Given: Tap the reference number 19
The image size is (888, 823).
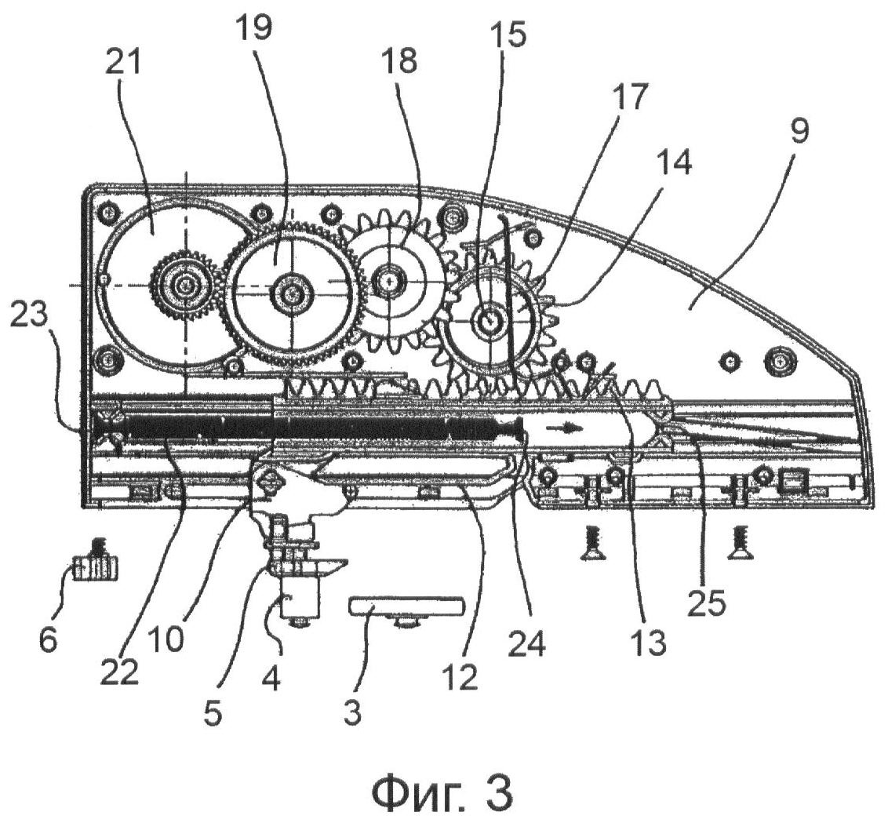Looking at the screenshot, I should tap(255, 28).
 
